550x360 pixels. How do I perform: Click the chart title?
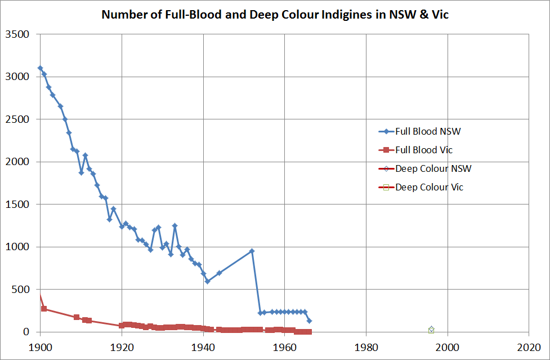pos(275,15)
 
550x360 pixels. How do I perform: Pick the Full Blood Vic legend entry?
pos(424,150)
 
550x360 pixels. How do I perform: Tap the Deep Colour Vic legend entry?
pos(430,187)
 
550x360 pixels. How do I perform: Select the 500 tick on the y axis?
pos(21,290)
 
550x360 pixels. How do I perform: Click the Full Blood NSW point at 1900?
pos(40,68)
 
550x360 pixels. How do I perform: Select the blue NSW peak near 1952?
pos(252,251)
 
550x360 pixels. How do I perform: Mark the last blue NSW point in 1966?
pos(309,321)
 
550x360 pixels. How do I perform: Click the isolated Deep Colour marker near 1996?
pos(431,330)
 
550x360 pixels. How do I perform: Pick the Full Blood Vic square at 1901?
pos(44,309)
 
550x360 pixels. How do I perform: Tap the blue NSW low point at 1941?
pos(207,281)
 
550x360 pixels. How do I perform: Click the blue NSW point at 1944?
pos(219,273)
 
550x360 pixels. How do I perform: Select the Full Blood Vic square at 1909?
pos(77,317)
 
